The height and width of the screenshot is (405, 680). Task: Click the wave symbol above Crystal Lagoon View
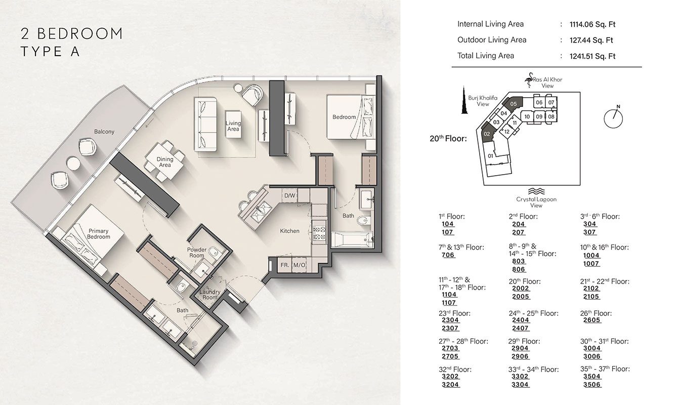(535, 191)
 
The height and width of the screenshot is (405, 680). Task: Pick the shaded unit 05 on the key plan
(514, 103)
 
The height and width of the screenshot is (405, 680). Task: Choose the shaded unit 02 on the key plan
(487, 133)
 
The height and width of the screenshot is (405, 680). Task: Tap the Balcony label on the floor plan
(104, 132)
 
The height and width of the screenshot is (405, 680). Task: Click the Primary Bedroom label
(98, 234)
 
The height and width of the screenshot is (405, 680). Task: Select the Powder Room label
(197, 253)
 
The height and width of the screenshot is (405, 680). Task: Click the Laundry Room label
(209, 295)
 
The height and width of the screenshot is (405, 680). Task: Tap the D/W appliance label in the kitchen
(289, 195)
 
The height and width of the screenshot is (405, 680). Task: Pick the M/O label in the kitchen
(300, 265)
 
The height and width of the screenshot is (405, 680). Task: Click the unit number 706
(448, 255)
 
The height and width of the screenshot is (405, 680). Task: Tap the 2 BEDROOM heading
(71, 34)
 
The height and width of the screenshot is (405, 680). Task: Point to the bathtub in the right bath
(352, 238)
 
